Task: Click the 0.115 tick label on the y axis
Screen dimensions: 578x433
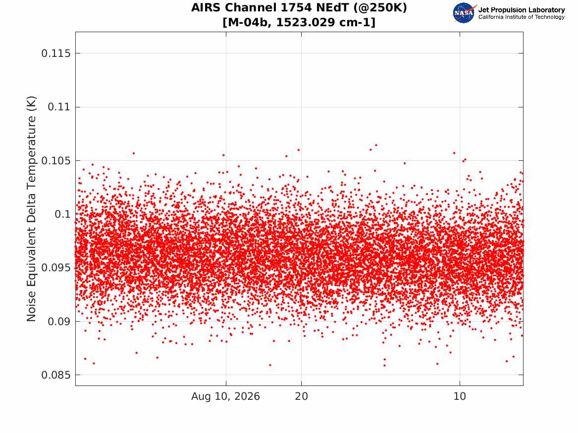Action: point(55,53)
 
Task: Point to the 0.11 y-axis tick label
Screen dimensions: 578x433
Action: point(59,107)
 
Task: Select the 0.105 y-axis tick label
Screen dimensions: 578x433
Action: point(55,161)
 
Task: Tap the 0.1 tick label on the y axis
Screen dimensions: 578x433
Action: point(62,214)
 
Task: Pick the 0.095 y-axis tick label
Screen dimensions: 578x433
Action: point(55,268)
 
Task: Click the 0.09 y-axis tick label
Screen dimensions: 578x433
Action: point(59,322)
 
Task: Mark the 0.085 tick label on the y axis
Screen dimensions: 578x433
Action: point(55,375)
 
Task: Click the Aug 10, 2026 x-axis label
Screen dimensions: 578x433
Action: point(225,396)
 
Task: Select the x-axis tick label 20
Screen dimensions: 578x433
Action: point(302,396)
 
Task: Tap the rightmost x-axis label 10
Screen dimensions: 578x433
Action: point(460,396)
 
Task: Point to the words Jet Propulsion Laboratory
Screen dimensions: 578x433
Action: point(522,10)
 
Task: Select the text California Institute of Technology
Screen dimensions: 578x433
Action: point(522,17)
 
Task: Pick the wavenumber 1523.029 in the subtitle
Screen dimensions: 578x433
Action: point(308,22)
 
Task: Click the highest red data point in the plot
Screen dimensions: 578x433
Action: point(376,145)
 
